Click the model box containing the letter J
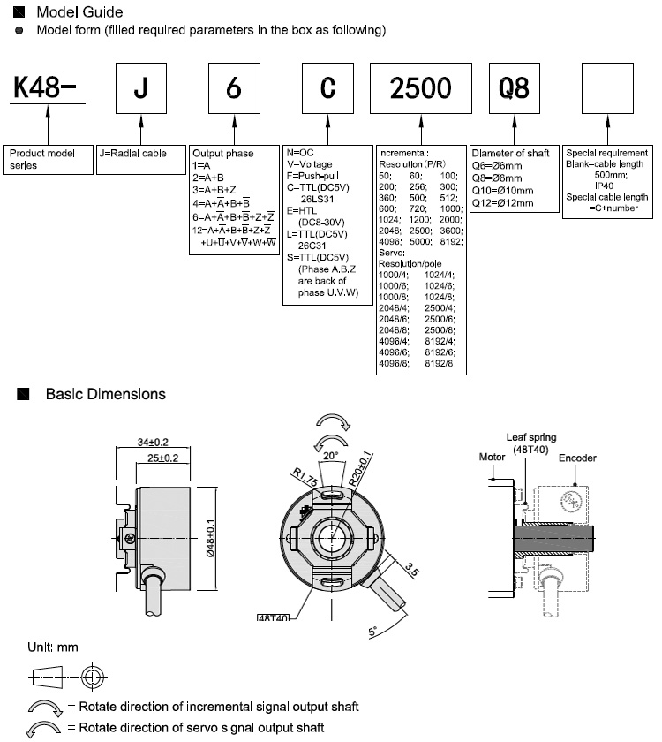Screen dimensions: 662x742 (x=141, y=88)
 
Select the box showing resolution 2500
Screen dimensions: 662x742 (x=421, y=88)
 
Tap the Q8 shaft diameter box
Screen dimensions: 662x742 (x=515, y=88)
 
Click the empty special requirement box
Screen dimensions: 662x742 (x=607, y=88)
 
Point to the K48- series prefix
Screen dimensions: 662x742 (x=44, y=87)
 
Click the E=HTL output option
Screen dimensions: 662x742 (x=302, y=210)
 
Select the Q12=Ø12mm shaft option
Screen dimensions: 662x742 (x=502, y=203)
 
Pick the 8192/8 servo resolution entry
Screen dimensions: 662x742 (x=439, y=363)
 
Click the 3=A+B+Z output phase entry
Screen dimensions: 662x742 (x=214, y=190)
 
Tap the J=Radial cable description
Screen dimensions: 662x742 (x=133, y=154)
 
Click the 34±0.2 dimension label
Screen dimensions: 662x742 (x=153, y=442)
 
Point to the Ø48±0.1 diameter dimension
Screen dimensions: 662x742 (x=210, y=538)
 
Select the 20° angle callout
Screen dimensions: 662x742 (x=330, y=456)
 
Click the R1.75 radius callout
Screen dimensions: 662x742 (x=305, y=477)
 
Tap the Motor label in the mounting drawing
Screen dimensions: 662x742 (x=492, y=458)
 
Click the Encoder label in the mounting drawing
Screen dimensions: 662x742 (x=577, y=458)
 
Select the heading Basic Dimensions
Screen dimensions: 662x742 (x=105, y=394)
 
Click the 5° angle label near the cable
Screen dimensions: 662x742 (x=373, y=632)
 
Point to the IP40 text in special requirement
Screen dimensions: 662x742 (x=605, y=186)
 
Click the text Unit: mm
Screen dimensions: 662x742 (x=53, y=647)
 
